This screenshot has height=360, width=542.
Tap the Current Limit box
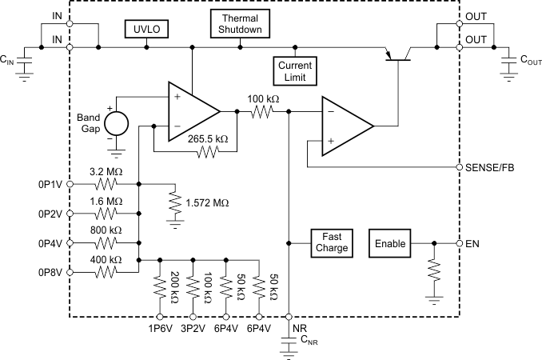pyautogui.click(x=295, y=70)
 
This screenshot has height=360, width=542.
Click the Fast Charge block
pyautogui.click(x=331, y=242)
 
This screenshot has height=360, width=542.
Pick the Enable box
pyautogui.click(x=391, y=242)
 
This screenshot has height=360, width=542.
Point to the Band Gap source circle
pyautogui.click(x=117, y=124)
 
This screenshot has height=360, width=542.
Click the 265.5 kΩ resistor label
pyautogui.click(x=209, y=138)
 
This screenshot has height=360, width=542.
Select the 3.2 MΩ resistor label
pyautogui.click(x=106, y=170)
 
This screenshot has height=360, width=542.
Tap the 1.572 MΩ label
pyautogui.click(x=206, y=203)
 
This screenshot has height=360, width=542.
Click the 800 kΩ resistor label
pyautogui.click(x=106, y=230)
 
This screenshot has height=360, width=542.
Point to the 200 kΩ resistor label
pyautogui.click(x=174, y=286)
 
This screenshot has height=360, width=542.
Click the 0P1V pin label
pyautogui.click(x=51, y=185)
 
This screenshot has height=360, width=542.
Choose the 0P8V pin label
pyautogui.click(x=51, y=273)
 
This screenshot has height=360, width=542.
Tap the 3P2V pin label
pyautogui.click(x=193, y=328)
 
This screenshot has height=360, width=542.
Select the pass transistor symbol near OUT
pyautogui.click(x=397, y=54)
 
